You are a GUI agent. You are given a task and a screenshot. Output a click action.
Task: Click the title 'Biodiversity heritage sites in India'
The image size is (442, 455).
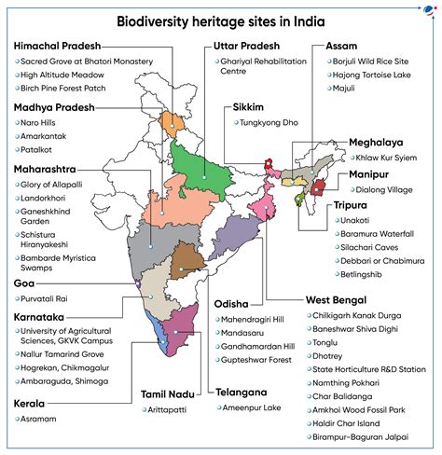coord(221,21)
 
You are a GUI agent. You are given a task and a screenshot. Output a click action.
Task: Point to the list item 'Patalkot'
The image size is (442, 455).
coord(39,149)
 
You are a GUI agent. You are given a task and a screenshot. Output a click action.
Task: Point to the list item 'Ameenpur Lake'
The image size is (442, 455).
coord(254,408)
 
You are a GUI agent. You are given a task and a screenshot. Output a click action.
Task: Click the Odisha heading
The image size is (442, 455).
coord(228,304)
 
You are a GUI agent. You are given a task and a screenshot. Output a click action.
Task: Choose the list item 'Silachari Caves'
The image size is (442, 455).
coord(370,236)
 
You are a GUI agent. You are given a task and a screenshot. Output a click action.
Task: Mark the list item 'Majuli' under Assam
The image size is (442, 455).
coord(346,88)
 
